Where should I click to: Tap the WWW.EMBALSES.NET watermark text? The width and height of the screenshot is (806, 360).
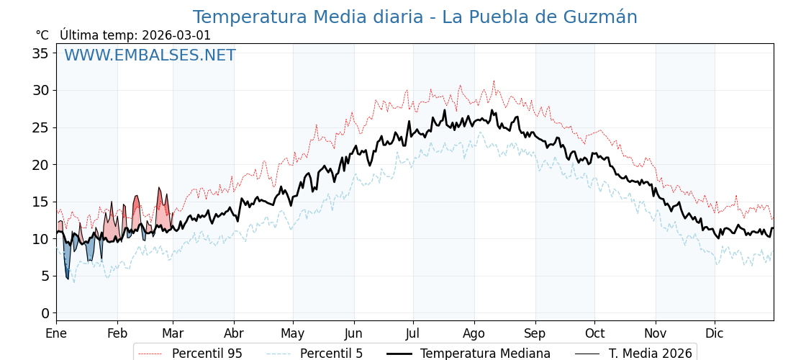tap(150, 55)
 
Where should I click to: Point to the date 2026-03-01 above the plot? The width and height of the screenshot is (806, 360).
tap(176, 35)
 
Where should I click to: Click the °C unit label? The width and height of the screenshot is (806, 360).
tap(42, 35)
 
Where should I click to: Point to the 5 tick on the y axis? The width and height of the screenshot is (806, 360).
tap(45, 276)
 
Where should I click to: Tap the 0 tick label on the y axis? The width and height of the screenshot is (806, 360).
tap(45, 313)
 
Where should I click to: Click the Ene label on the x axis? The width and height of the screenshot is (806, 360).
tap(56, 333)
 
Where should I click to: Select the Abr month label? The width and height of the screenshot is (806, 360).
tap(234, 333)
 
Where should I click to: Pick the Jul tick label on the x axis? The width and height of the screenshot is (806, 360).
tap(413, 333)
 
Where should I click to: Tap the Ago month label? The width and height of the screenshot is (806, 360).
tap(474, 333)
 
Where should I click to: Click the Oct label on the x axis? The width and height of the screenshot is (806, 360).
tap(594, 333)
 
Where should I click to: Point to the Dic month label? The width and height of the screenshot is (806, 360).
tap(715, 333)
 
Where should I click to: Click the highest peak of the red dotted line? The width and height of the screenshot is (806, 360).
tap(494, 81)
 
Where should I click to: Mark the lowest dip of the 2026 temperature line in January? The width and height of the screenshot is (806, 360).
tap(68, 279)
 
